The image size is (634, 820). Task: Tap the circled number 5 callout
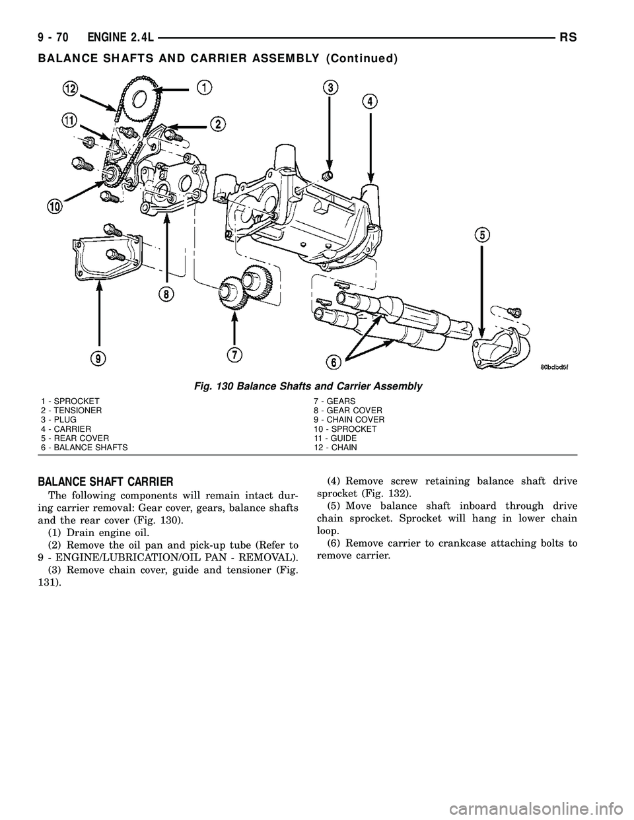[x=483, y=234]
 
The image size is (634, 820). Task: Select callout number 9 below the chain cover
[x=99, y=358]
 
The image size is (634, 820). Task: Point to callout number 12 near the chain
[x=72, y=89]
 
